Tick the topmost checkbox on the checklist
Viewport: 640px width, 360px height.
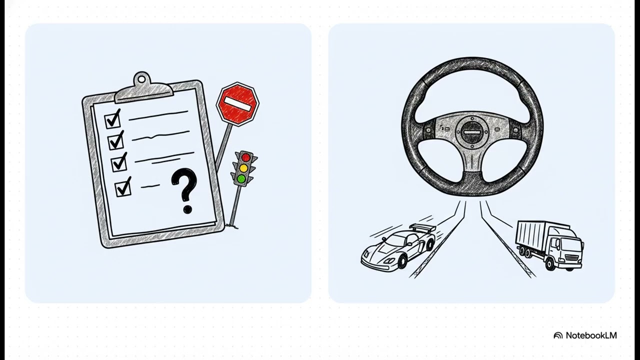pyautogui.click(x=112, y=120)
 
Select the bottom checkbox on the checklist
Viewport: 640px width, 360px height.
pyautogui.click(x=123, y=187)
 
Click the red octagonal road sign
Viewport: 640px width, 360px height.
pyautogui.click(x=237, y=104)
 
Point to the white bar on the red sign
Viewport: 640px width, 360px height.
pyautogui.click(x=237, y=103)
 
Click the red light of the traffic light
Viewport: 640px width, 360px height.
pyautogui.click(x=245, y=157)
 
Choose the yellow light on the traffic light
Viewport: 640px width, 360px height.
pyautogui.click(x=243, y=168)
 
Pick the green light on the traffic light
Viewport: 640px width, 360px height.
pyautogui.click(x=241, y=179)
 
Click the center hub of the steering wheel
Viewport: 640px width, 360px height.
pyautogui.click(x=471, y=132)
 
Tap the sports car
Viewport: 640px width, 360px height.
pyautogui.click(x=398, y=247)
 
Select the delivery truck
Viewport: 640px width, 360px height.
pyautogui.click(x=549, y=245)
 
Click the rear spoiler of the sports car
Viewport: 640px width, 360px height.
pyautogui.click(x=422, y=227)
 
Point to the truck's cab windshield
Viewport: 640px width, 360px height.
pyautogui.click(x=572, y=245)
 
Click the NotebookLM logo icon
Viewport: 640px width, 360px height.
pyautogui.click(x=558, y=335)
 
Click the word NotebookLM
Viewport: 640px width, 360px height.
pyautogui.click(x=591, y=335)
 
